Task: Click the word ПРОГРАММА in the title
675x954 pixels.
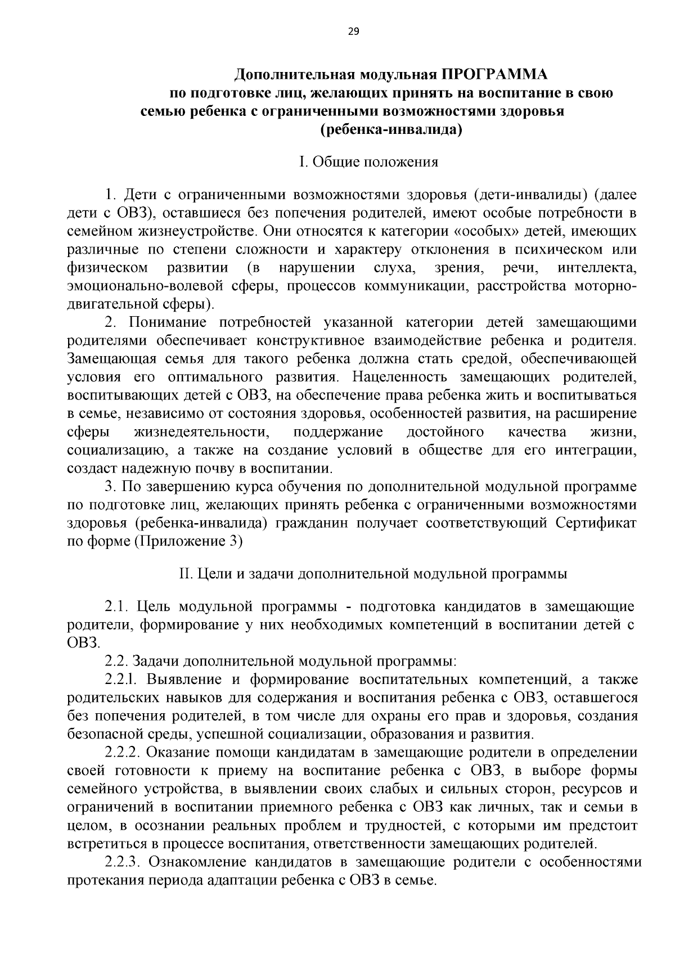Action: point(494,74)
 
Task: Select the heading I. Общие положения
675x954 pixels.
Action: point(368,163)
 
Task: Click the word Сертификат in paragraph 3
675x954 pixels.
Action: point(596,523)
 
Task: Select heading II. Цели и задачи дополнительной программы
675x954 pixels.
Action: point(372,574)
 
